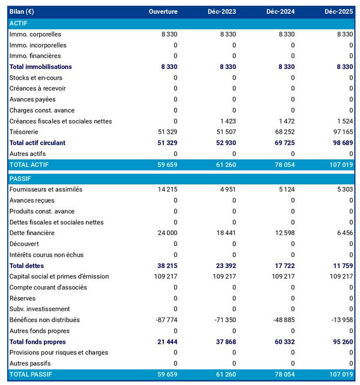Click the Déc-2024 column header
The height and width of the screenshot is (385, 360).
pos(280,12)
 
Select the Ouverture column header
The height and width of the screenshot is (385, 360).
pos(163,12)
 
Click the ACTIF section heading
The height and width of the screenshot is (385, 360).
pos(19,23)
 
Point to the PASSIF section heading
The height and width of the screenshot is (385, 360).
pos(20,179)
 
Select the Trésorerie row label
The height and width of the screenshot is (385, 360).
pos(25,132)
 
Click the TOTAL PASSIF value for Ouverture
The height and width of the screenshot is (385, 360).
pos(166,375)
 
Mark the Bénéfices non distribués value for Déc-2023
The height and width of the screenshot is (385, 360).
pos(224,320)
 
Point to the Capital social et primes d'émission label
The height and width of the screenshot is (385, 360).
pos(59,276)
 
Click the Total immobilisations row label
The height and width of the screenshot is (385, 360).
pos(40,67)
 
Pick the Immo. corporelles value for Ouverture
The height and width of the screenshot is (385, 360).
pos(169,34)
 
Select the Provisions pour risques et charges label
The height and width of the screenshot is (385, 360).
pos(59,353)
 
